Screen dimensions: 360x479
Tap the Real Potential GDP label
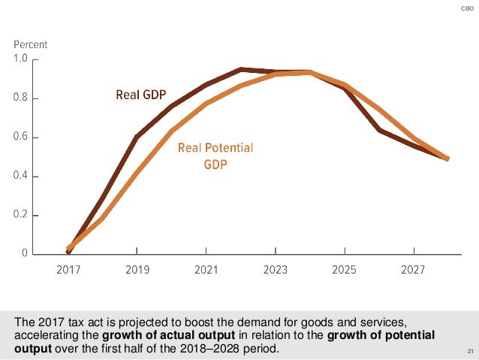tap(215, 155)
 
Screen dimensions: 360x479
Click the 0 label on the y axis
tap(26, 254)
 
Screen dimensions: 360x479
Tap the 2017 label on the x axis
tap(68, 268)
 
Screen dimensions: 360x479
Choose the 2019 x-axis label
tap(137, 268)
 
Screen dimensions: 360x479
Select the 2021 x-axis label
tap(206, 268)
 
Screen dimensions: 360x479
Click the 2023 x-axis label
tap(276, 268)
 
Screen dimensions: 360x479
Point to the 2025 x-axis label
tap(345, 268)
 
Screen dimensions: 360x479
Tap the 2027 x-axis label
tap(414, 268)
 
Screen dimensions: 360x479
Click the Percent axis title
tap(31, 44)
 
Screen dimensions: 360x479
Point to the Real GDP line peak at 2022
tap(240, 69)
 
